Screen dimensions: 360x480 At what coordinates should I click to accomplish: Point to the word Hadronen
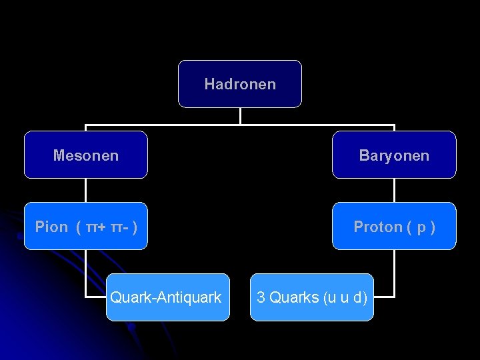click(240, 84)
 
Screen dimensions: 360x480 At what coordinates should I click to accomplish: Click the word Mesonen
click(86, 156)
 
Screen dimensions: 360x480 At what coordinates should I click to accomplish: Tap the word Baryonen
click(394, 156)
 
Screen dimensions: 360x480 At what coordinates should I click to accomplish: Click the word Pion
click(51, 227)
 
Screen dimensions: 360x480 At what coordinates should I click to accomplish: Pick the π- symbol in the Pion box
click(120, 227)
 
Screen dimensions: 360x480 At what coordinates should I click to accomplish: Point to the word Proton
click(377, 227)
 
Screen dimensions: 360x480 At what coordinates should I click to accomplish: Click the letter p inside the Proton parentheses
click(421, 228)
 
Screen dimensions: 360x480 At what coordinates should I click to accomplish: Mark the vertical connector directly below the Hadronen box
click(240, 116)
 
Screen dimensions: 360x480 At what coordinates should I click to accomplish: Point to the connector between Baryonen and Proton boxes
click(394, 190)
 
